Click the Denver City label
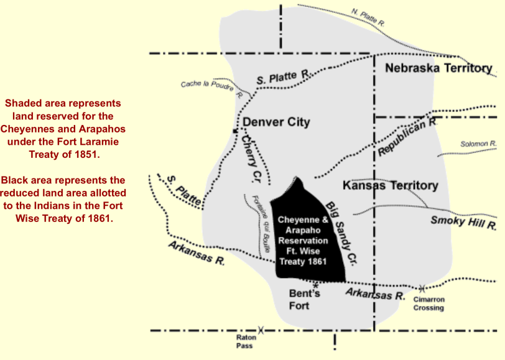276,122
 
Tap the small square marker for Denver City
234,131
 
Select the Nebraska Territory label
438,68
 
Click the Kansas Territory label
390,185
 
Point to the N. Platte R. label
368,17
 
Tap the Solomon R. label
478,144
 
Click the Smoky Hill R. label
463,221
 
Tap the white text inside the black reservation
303,241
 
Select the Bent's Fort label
303,299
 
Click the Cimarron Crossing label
429,303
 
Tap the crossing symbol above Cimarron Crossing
422,288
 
